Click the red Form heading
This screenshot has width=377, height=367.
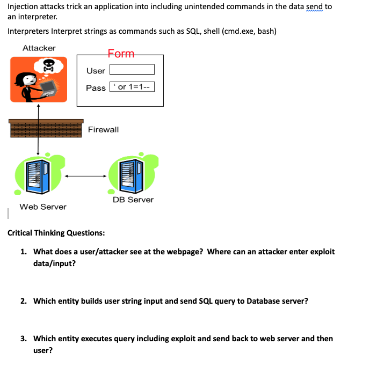[121, 54]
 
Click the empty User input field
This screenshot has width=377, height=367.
[132, 70]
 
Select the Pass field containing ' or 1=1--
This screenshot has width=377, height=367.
[132, 87]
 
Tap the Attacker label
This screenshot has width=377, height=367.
[39, 48]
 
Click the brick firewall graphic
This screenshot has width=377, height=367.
[46, 129]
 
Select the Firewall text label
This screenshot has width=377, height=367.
[103, 129]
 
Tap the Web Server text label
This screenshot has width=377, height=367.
[43, 207]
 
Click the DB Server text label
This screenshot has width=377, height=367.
[133, 200]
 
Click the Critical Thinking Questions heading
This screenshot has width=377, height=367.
[56, 233]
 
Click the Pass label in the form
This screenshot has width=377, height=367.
[96, 87]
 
